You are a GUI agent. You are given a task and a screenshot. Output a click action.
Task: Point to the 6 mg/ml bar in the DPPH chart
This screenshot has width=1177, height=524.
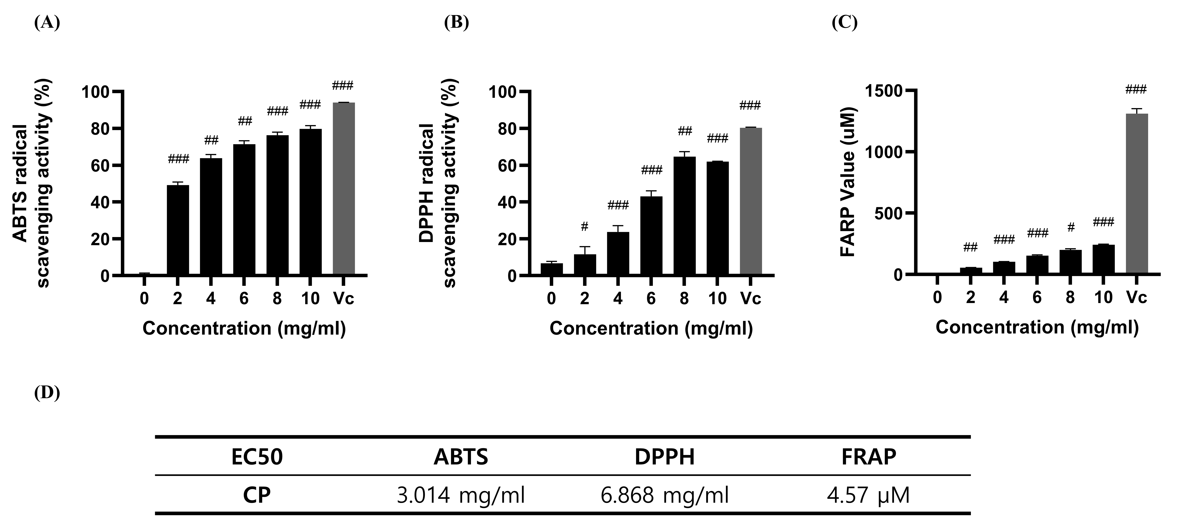(x=651, y=236)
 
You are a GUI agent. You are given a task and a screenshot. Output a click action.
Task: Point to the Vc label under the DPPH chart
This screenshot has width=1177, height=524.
(x=751, y=299)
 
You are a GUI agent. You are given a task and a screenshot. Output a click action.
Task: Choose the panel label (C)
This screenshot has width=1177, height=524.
(x=844, y=22)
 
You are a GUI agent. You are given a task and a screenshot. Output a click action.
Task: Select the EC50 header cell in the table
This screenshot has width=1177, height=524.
(x=257, y=457)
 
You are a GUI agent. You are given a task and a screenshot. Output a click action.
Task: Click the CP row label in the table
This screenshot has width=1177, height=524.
(x=257, y=495)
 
